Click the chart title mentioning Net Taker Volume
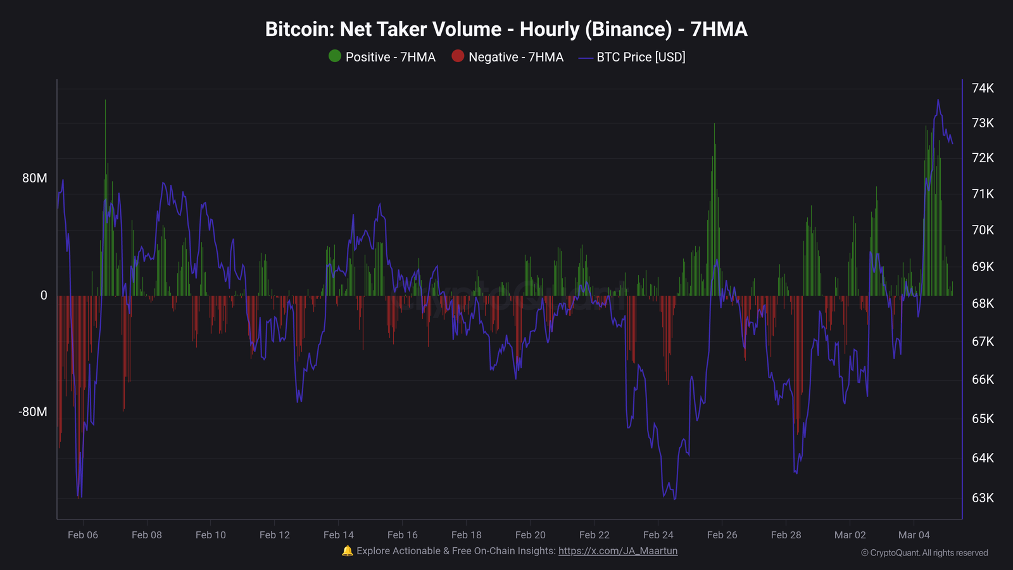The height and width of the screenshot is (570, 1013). tap(506, 29)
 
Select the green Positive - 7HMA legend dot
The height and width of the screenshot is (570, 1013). tap(335, 56)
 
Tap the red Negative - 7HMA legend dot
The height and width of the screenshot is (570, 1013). tap(458, 56)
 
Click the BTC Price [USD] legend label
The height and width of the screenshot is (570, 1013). tap(641, 57)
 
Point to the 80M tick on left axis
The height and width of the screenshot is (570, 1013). tap(35, 178)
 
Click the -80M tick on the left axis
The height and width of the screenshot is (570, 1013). tap(33, 412)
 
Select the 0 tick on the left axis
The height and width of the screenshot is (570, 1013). tap(44, 295)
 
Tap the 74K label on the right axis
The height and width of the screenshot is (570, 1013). tap(983, 88)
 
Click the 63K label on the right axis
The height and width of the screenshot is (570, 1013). tap(983, 498)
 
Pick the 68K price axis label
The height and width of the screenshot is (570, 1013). tap(983, 303)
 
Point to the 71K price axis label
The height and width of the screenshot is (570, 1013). tap(983, 194)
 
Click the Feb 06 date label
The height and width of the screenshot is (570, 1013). tap(83, 535)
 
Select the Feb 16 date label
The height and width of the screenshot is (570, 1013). tap(403, 535)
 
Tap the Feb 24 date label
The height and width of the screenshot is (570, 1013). tap(658, 535)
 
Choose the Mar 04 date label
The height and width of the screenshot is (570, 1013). tap(914, 535)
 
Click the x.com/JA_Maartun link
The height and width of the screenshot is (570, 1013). tap(617, 551)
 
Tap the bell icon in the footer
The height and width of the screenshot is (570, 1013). tap(347, 551)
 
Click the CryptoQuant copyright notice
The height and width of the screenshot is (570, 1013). tap(924, 553)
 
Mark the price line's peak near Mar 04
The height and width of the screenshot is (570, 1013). tap(938, 100)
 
